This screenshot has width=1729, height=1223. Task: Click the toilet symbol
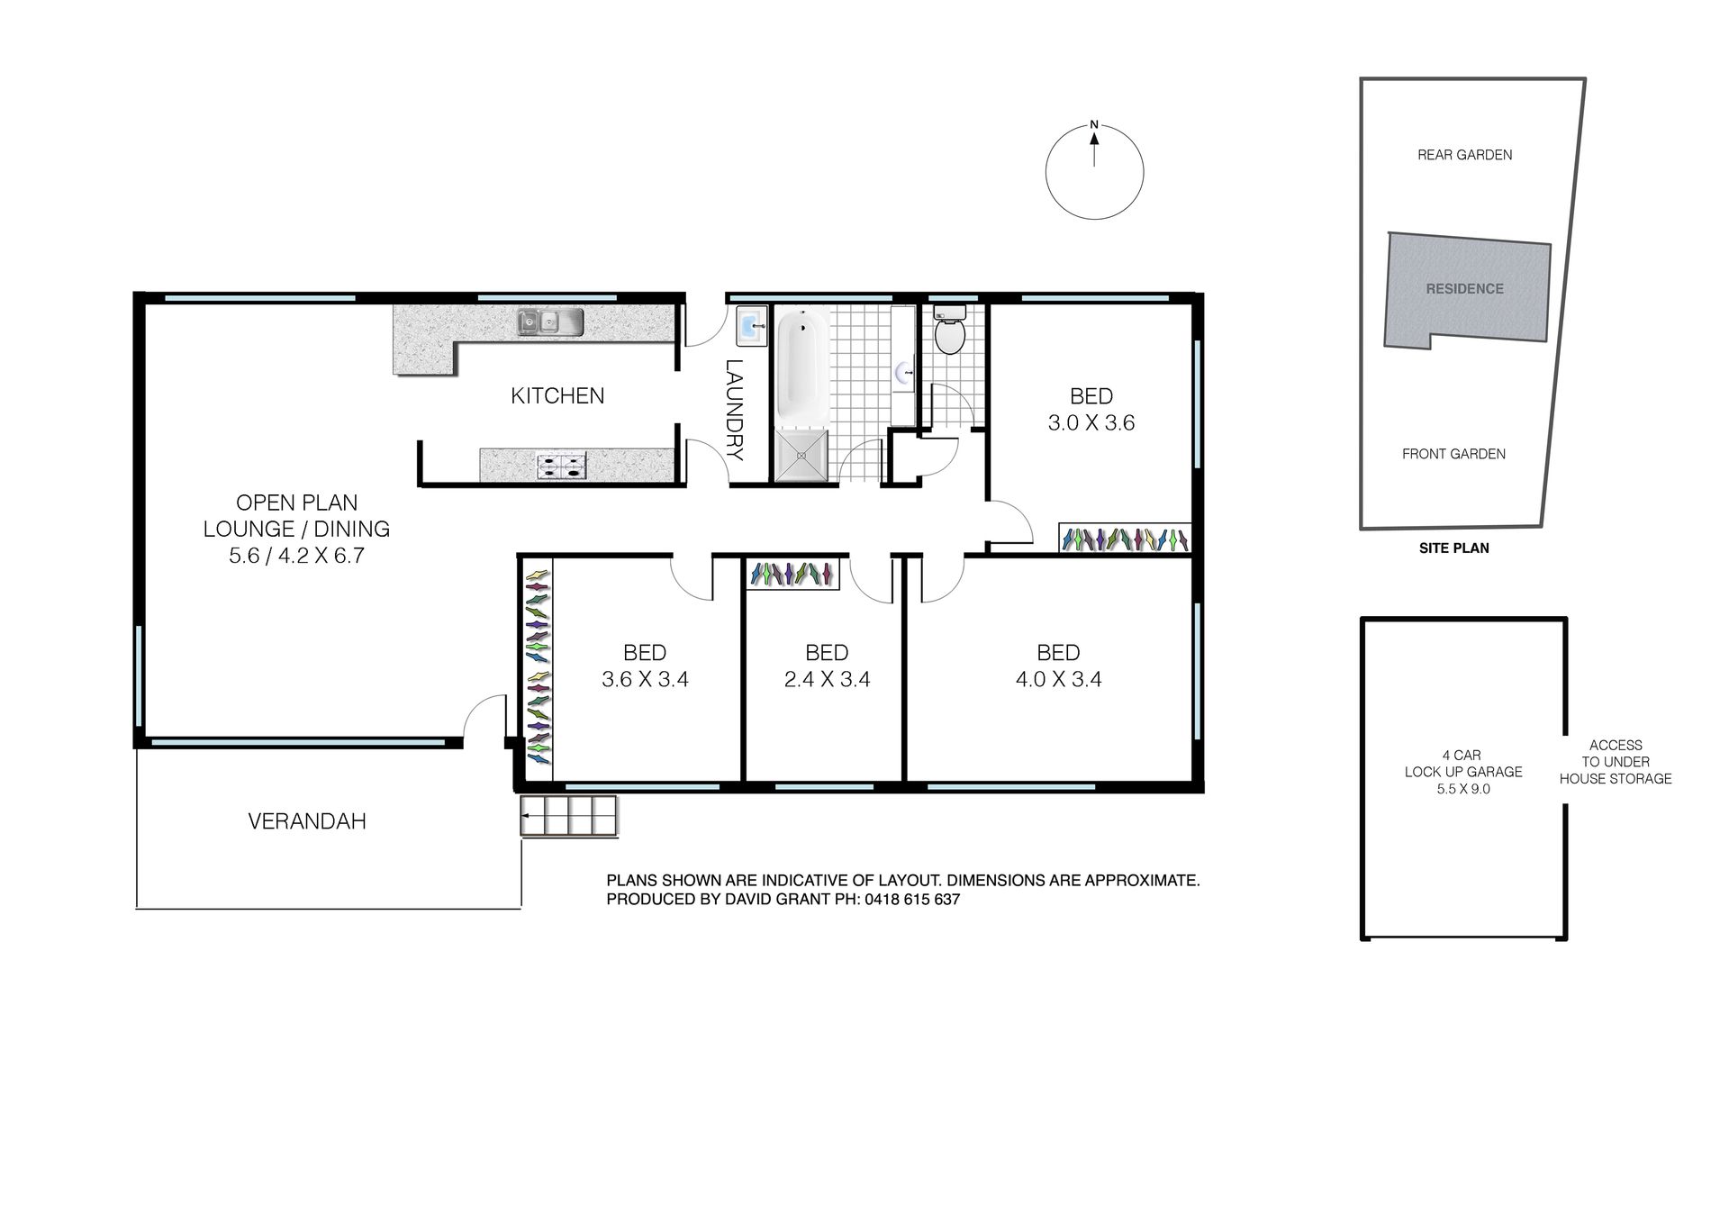click(x=949, y=330)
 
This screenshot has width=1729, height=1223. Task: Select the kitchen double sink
click(x=550, y=321)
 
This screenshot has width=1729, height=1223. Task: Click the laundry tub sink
click(x=751, y=326)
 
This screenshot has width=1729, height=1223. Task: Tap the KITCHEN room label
click(x=557, y=395)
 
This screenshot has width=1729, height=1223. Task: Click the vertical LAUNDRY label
click(x=735, y=410)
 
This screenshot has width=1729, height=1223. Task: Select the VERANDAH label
click(x=307, y=821)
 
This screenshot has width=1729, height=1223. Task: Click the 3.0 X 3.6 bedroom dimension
click(x=1091, y=422)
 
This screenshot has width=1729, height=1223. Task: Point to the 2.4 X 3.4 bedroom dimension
click(x=827, y=679)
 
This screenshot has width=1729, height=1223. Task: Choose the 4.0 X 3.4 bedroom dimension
click(x=1059, y=679)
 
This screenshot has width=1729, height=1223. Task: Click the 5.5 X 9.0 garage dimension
click(x=1463, y=789)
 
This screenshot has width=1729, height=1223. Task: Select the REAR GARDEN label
click(x=1465, y=155)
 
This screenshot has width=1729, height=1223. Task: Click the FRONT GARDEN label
click(x=1453, y=454)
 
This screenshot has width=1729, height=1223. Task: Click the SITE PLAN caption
click(x=1454, y=548)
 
